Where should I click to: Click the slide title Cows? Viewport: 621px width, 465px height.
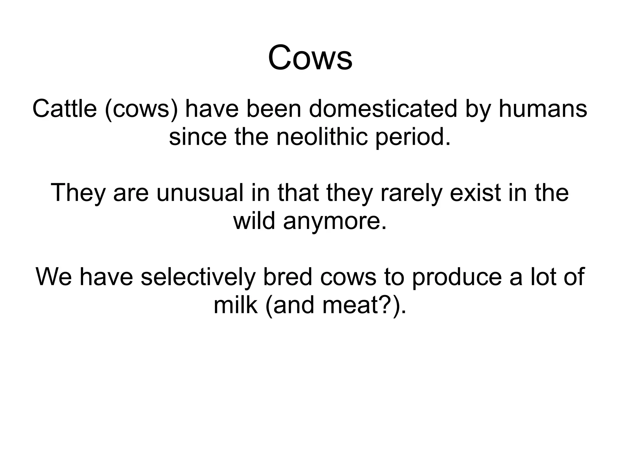(310, 58)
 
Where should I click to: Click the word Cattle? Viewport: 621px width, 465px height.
(64, 109)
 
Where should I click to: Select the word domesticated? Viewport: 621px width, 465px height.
(383, 109)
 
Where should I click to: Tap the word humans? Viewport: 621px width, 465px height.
(543, 109)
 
